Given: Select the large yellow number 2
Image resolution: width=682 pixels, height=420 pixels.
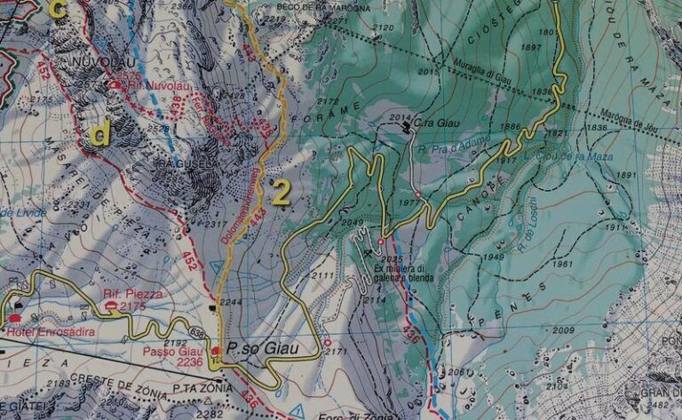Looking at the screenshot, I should [x=281, y=193].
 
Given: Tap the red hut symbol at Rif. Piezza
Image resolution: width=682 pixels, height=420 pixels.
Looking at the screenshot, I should [x=109, y=305].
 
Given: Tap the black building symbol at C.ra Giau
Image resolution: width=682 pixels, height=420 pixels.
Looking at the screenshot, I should [x=408, y=127].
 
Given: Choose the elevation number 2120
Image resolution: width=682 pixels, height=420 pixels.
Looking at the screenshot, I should [x=383, y=28].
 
